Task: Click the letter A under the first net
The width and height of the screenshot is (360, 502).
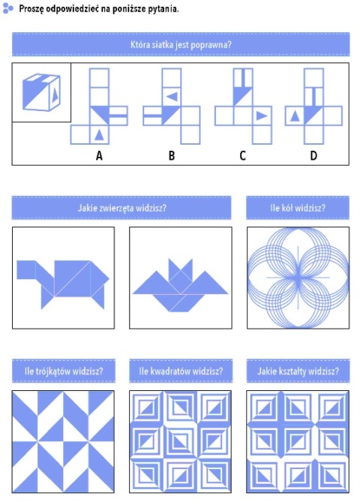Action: click(x=99, y=155)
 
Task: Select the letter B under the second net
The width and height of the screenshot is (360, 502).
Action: click(x=172, y=155)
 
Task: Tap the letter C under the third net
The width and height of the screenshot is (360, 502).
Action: click(x=242, y=155)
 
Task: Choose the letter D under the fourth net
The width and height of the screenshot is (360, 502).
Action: click(x=313, y=155)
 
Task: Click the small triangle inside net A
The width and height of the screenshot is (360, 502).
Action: click(x=99, y=135)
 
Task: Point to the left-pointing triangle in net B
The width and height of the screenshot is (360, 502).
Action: click(x=172, y=97)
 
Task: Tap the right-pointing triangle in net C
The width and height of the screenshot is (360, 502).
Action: click(x=262, y=116)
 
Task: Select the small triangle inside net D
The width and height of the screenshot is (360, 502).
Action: click(x=295, y=116)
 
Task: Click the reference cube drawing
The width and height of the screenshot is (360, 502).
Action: click(x=41, y=92)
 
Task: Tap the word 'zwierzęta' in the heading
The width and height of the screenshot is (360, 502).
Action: click(x=116, y=209)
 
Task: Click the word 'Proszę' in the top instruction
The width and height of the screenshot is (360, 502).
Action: click(x=31, y=9)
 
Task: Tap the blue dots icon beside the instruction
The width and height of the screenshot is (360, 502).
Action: click(x=7, y=8)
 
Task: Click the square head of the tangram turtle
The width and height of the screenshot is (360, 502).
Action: click(x=26, y=270)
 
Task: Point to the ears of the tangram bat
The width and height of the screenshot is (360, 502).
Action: click(x=181, y=266)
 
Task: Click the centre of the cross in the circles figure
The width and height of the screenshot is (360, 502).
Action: click(x=298, y=278)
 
